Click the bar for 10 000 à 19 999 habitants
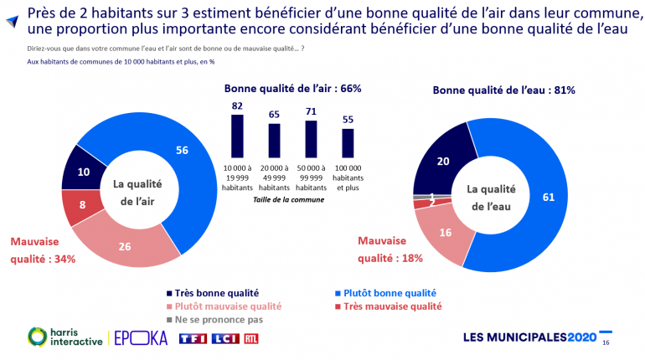point(237,136)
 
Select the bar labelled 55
point(348,142)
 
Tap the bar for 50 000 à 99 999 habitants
point(311,138)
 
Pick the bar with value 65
point(274,140)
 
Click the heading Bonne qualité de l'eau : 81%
point(503,90)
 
